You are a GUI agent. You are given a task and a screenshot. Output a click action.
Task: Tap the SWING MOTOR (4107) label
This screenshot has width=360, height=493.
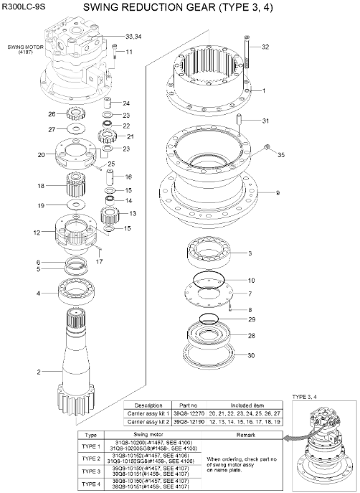point(22,50)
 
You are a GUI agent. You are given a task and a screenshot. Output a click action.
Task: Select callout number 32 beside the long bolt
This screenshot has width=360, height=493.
point(265,47)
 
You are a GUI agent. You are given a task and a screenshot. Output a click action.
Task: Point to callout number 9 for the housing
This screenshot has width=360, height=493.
point(278,193)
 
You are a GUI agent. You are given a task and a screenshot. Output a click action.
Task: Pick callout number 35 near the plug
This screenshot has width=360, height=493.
point(281,154)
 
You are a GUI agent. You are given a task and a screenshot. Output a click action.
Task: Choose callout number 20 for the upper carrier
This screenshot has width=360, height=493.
point(41,154)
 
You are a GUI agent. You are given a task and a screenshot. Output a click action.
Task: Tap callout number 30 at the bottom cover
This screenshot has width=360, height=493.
point(251,355)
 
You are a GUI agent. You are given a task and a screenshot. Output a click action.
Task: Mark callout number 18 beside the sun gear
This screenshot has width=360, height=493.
point(41,186)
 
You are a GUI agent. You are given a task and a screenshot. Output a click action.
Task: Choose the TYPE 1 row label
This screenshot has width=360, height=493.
point(91,446)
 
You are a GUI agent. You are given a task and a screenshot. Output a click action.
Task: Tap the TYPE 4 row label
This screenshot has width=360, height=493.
point(91,484)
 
